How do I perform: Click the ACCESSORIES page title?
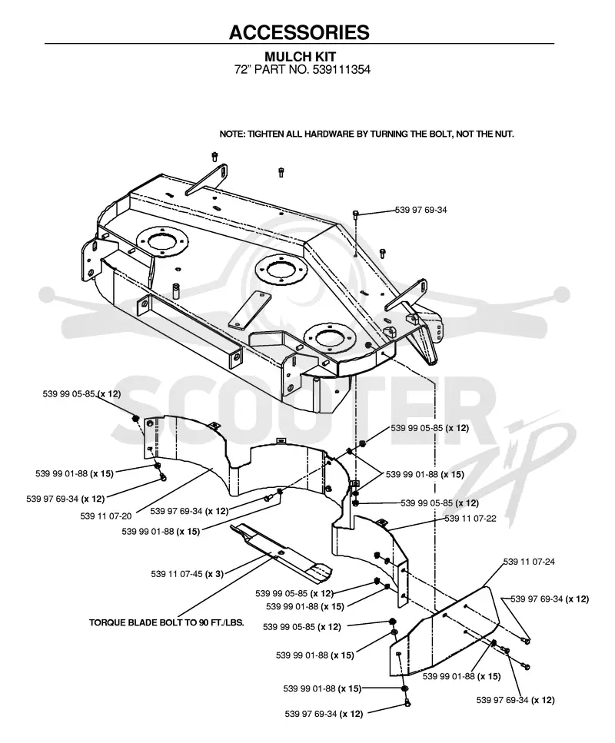click(299, 32)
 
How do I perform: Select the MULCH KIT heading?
click(300, 56)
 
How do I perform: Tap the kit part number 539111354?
click(341, 70)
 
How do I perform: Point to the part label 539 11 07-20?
click(106, 516)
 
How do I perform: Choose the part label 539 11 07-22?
click(470, 519)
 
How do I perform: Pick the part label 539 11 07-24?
click(529, 562)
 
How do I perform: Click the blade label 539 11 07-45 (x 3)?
click(187, 574)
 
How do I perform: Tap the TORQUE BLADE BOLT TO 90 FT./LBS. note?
click(166, 622)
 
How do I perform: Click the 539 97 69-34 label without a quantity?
click(421, 210)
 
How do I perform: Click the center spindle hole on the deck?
click(281, 270)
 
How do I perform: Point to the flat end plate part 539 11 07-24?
click(446, 630)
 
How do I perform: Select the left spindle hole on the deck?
click(161, 241)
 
